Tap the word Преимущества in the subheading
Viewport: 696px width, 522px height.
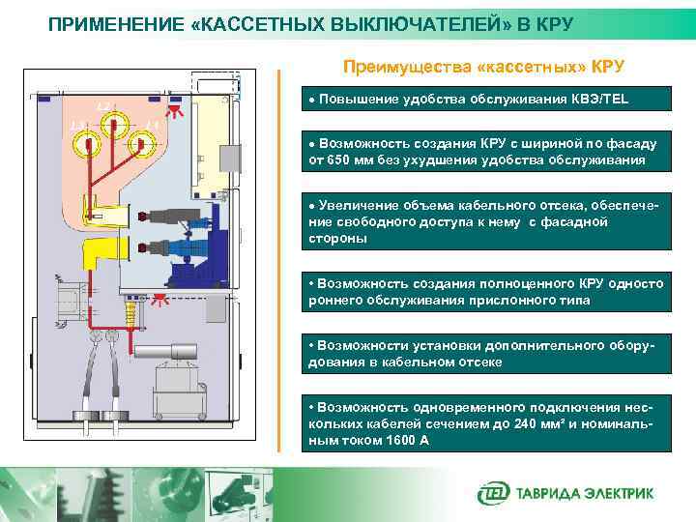pyautogui.click(x=398, y=67)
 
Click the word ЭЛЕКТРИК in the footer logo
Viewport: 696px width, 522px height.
pyautogui.click(x=619, y=494)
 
